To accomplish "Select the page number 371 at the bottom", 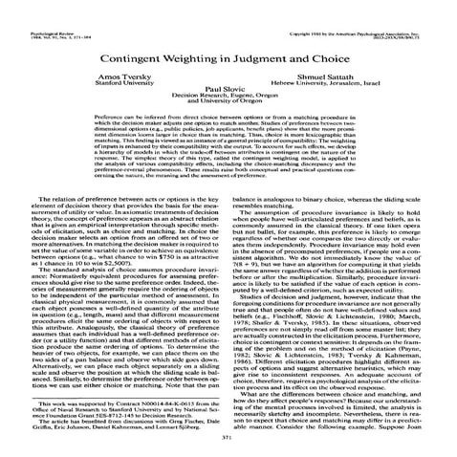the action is pyautogui.click(x=228, y=436).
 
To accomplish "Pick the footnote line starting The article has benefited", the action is pyautogui.click(x=120, y=420).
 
